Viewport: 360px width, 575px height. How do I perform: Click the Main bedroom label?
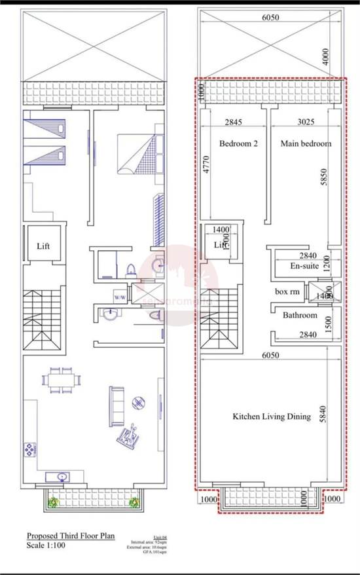(x=306, y=143)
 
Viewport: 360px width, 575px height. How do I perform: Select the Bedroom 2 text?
(x=238, y=143)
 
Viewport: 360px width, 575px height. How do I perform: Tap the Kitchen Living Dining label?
(x=271, y=416)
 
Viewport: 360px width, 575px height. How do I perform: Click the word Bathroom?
(x=300, y=315)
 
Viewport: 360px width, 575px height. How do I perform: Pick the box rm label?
(x=287, y=291)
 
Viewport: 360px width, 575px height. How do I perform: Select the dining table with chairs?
(x=62, y=380)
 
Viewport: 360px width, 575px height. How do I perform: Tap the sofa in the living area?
(x=118, y=405)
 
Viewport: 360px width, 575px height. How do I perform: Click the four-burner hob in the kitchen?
(x=31, y=450)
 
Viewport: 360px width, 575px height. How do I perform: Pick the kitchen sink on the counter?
(x=62, y=477)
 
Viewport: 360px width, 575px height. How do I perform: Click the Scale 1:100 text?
(x=46, y=545)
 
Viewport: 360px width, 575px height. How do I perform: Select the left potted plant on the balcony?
(x=54, y=502)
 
